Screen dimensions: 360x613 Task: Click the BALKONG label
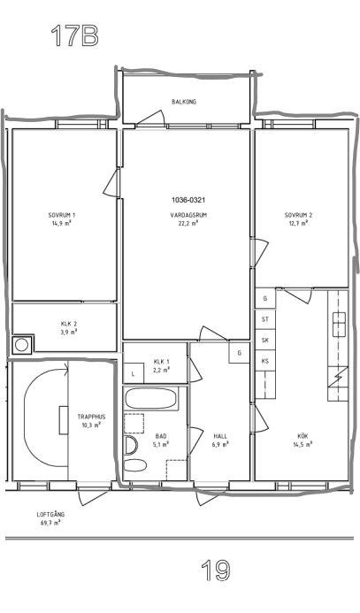click(184, 102)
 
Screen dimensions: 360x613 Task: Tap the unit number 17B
click(74, 35)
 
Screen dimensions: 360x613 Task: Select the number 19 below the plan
click(215, 571)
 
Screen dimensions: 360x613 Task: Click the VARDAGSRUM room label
click(188, 215)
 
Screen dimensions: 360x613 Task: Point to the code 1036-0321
click(188, 200)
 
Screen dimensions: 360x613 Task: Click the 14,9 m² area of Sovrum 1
click(63, 223)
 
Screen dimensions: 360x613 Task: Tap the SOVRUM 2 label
click(298, 215)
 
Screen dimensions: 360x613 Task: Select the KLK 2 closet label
click(69, 324)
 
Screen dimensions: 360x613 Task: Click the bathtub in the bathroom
click(151, 398)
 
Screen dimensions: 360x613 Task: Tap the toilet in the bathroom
click(131, 445)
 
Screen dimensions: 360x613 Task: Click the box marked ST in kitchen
click(265, 319)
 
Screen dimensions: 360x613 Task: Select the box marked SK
click(265, 341)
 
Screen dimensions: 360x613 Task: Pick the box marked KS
click(265, 361)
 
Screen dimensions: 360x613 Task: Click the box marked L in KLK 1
click(134, 373)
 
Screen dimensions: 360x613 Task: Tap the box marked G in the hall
click(239, 353)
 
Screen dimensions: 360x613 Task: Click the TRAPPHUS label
click(91, 417)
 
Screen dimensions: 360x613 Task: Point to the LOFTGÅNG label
click(50, 515)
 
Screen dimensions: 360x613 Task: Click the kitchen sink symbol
click(339, 325)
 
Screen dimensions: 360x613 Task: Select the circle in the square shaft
click(21, 345)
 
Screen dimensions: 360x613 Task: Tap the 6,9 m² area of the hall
click(220, 444)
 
